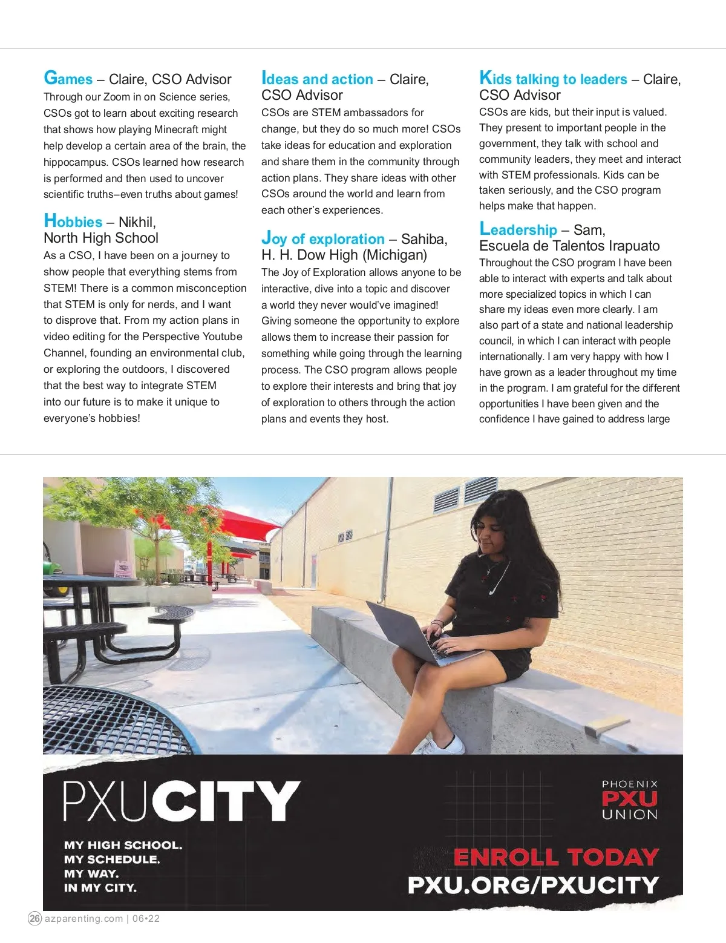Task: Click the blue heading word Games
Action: (x=68, y=79)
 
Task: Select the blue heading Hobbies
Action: (x=73, y=222)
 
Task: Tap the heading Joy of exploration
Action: (x=323, y=238)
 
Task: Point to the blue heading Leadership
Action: (x=518, y=229)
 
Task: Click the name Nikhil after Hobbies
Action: (x=137, y=222)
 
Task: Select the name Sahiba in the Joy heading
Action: (x=424, y=238)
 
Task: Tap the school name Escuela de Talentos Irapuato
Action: (x=569, y=246)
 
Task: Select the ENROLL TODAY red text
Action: (x=556, y=857)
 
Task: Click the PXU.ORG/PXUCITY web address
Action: (x=533, y=885)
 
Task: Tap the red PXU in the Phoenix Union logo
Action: (x=629, y=799)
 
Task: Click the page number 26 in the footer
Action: (x=35, y=918)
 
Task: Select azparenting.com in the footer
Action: (x=84, y=918)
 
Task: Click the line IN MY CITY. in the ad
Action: (x=100, y=888)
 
